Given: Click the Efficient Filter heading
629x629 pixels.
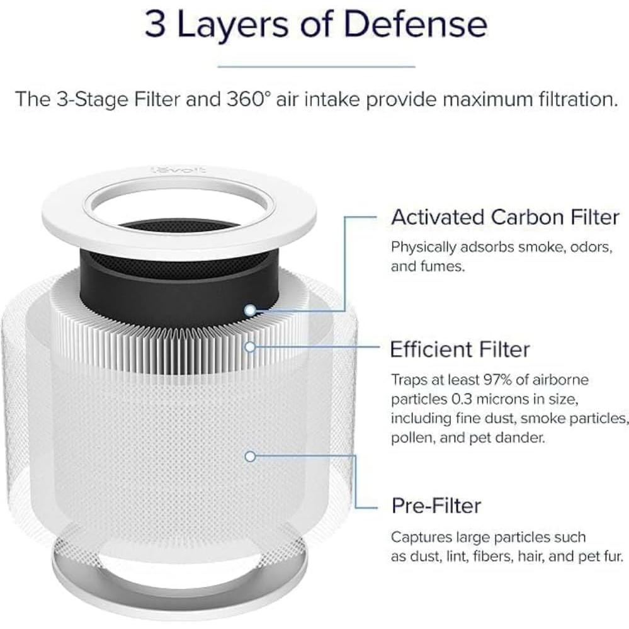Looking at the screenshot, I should pyautogui.click(x=460, y=349).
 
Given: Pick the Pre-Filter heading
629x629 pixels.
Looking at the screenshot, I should pyautogui.click(x=436, y=505).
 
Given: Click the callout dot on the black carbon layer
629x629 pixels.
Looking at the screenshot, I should pyautogui.click(x=251, y=310).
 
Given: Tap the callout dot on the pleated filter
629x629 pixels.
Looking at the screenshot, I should pyautogui.click(x=251, y=346).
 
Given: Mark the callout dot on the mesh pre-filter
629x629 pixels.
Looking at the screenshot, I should pyautogui.click(x=251, y=456).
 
